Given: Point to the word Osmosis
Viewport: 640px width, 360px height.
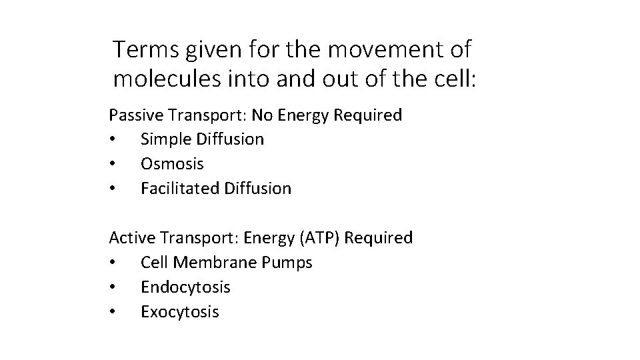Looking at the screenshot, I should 172,164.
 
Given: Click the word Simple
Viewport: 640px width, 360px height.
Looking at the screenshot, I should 164,139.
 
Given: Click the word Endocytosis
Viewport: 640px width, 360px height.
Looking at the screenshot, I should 185,287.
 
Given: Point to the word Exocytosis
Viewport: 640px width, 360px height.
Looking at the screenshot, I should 179,311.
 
